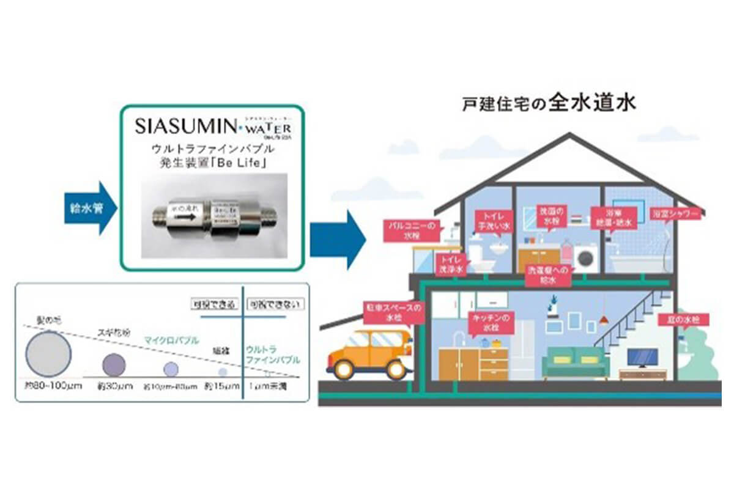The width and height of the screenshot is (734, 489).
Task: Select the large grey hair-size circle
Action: click(x=48, y=355)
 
